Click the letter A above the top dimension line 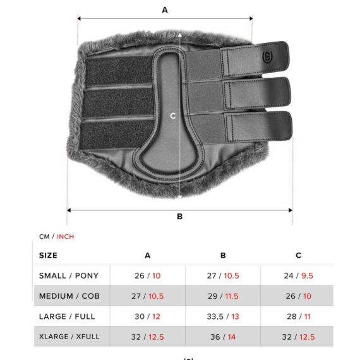click(165, 10)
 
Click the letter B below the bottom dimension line click(180, 217)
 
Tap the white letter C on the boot click(173, 116)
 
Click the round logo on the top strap click(267, 57)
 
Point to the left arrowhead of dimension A click(79, 18)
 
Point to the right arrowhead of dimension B click(291, 210)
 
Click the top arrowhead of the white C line click(180, 35)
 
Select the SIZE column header click(48, 255)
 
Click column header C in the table click(298, 255)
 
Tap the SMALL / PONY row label click(69, 275)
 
